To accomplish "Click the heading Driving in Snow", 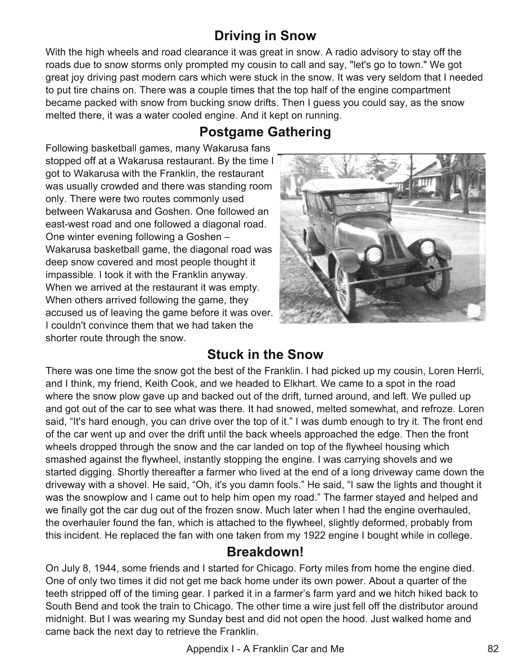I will coord(265,36).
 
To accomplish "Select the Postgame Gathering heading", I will coord(265,132).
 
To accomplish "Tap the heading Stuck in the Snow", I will coord(265,355).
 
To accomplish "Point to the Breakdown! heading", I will coord(265,552).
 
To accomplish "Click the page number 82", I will coord(493,649).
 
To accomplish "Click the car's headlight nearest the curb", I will coord(374,255).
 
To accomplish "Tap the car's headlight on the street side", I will coord(427,247).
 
